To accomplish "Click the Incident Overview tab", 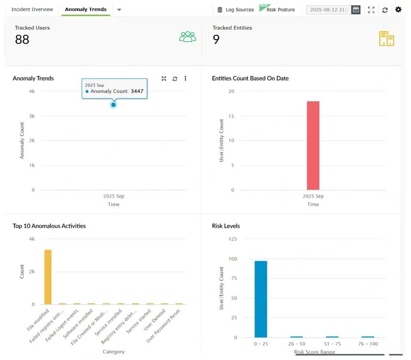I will [32, 9].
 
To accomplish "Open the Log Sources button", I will [236, 10].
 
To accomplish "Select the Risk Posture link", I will [280, 10].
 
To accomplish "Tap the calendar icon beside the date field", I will [356, 9].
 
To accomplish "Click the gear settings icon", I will [398, 10].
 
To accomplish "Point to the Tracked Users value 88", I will [22, 40].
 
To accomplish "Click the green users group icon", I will [188, 37].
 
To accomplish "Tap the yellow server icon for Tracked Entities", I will [386, 39].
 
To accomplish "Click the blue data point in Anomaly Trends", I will [113, 105].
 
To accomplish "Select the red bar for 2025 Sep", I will [313, 145].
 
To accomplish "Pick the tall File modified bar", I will [48, 277].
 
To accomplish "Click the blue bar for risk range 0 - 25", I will [261, 299].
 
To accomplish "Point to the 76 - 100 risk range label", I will [368, 344].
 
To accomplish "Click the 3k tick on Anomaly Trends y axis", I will [32, 116].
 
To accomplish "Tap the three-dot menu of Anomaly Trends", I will [185, 78].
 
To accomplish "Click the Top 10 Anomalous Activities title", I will [49, 226].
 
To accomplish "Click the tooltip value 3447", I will [137, 91].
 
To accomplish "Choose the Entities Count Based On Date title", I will [250, 78].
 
